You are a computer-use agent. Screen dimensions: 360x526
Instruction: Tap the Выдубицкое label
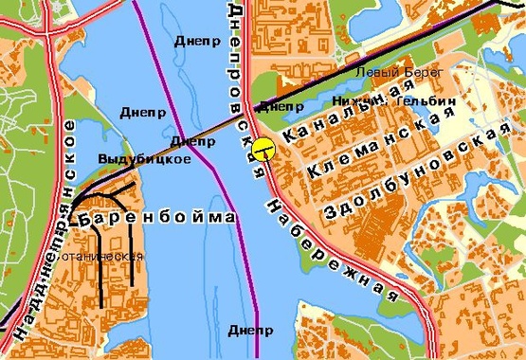(144, 159)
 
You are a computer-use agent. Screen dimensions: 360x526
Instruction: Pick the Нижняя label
(357, 100)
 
